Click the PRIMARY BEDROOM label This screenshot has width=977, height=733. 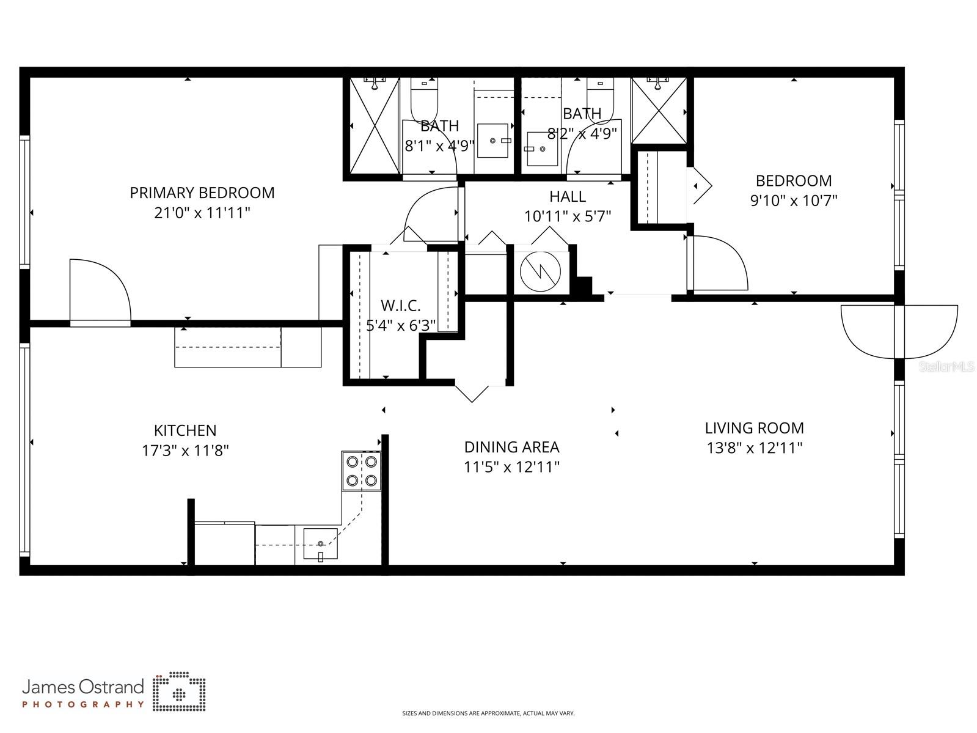pos(202,193)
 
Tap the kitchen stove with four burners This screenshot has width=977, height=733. pos(362,471)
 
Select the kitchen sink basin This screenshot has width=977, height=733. pos(320,543)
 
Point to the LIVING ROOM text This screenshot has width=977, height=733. pos(754,428)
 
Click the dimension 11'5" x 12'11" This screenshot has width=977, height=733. pos(511,467)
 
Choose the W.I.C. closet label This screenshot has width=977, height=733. pos(400,306)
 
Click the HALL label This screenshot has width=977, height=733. pos(567,196)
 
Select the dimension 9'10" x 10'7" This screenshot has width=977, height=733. pos(793,201)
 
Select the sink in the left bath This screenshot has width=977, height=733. pos(492,141)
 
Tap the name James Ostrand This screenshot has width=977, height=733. pos(83,687)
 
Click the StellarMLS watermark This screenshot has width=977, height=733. pos(946,366)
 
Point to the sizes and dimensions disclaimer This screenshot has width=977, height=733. pos(488,713)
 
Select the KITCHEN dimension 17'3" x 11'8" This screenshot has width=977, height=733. pos(185,451)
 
